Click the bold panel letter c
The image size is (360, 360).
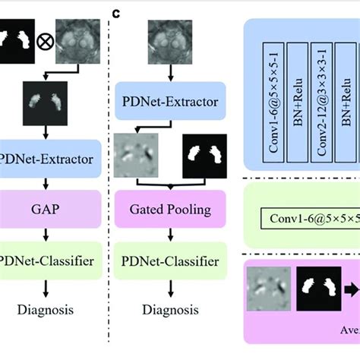116,13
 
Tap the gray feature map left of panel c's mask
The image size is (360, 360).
141,155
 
